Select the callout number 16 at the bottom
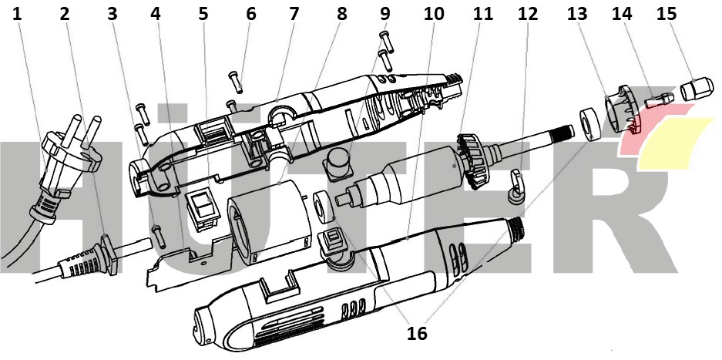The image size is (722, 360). pos(417,333)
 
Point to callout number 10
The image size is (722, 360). pos(434,13)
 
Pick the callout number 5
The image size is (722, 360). pos(203,13)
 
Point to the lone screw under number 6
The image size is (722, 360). pos(233,79)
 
